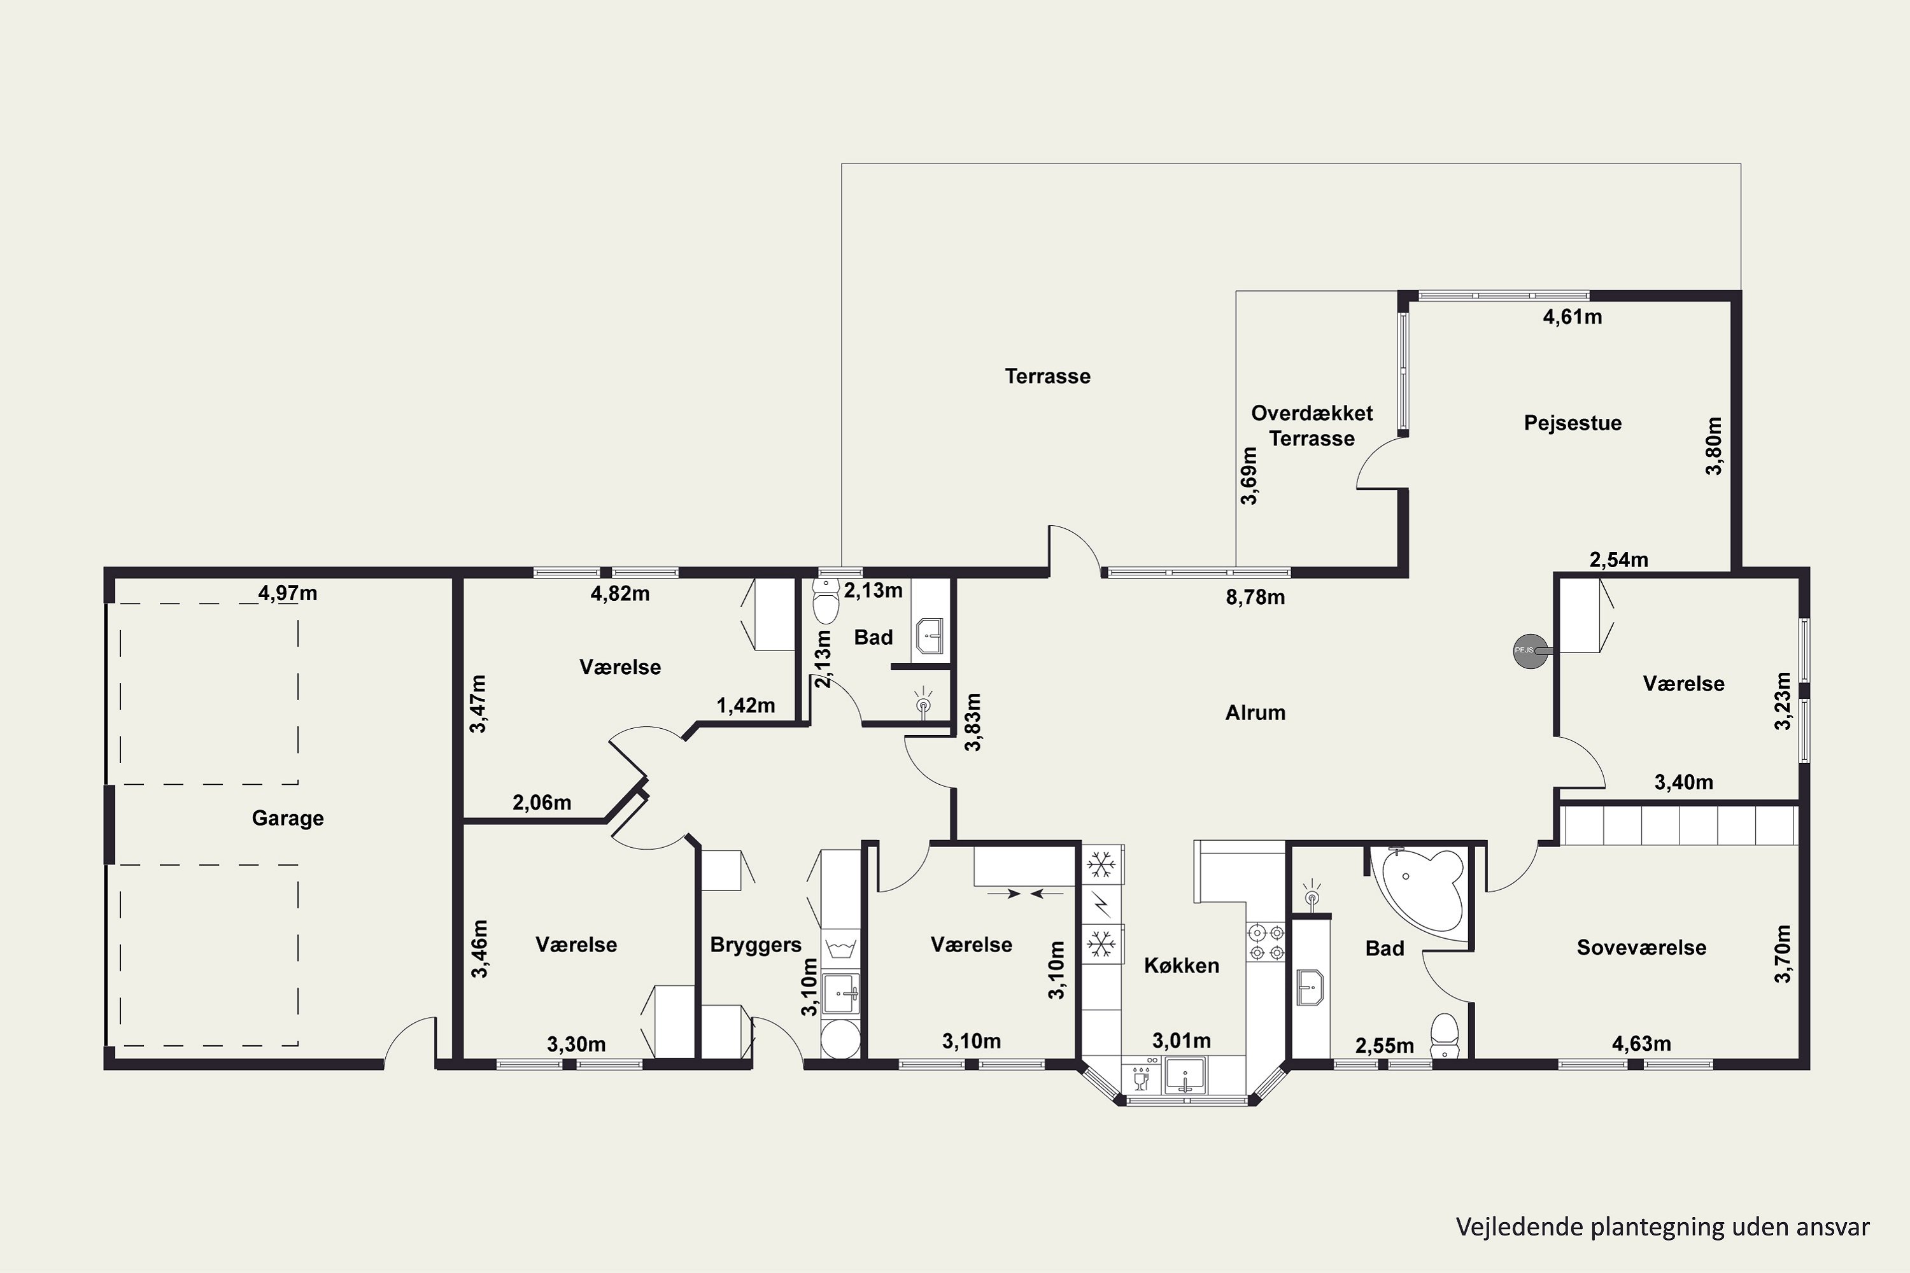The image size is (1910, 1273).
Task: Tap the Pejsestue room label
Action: point(1572,423)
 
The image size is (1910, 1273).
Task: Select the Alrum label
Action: point(1256,713)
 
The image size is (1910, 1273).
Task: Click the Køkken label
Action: point(1182,966)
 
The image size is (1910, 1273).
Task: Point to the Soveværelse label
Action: point(1641,948)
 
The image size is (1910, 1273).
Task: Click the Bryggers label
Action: point(755,945)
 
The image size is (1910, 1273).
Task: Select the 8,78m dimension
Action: point(1256,598)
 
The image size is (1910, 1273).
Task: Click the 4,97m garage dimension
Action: point(288,593)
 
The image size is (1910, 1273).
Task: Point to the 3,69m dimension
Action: point(1249,475)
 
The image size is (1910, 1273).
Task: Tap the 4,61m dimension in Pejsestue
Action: point(1572,316)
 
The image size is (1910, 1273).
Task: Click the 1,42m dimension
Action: point(746,705)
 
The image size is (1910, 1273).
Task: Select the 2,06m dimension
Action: point(542,803)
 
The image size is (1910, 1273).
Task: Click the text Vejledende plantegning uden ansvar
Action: point(1662,1227)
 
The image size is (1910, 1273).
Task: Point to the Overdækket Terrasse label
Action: point(1312,425)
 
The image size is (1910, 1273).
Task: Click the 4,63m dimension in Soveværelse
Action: point(1641,1043)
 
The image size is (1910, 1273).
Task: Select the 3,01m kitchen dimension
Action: point(1182,1040)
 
